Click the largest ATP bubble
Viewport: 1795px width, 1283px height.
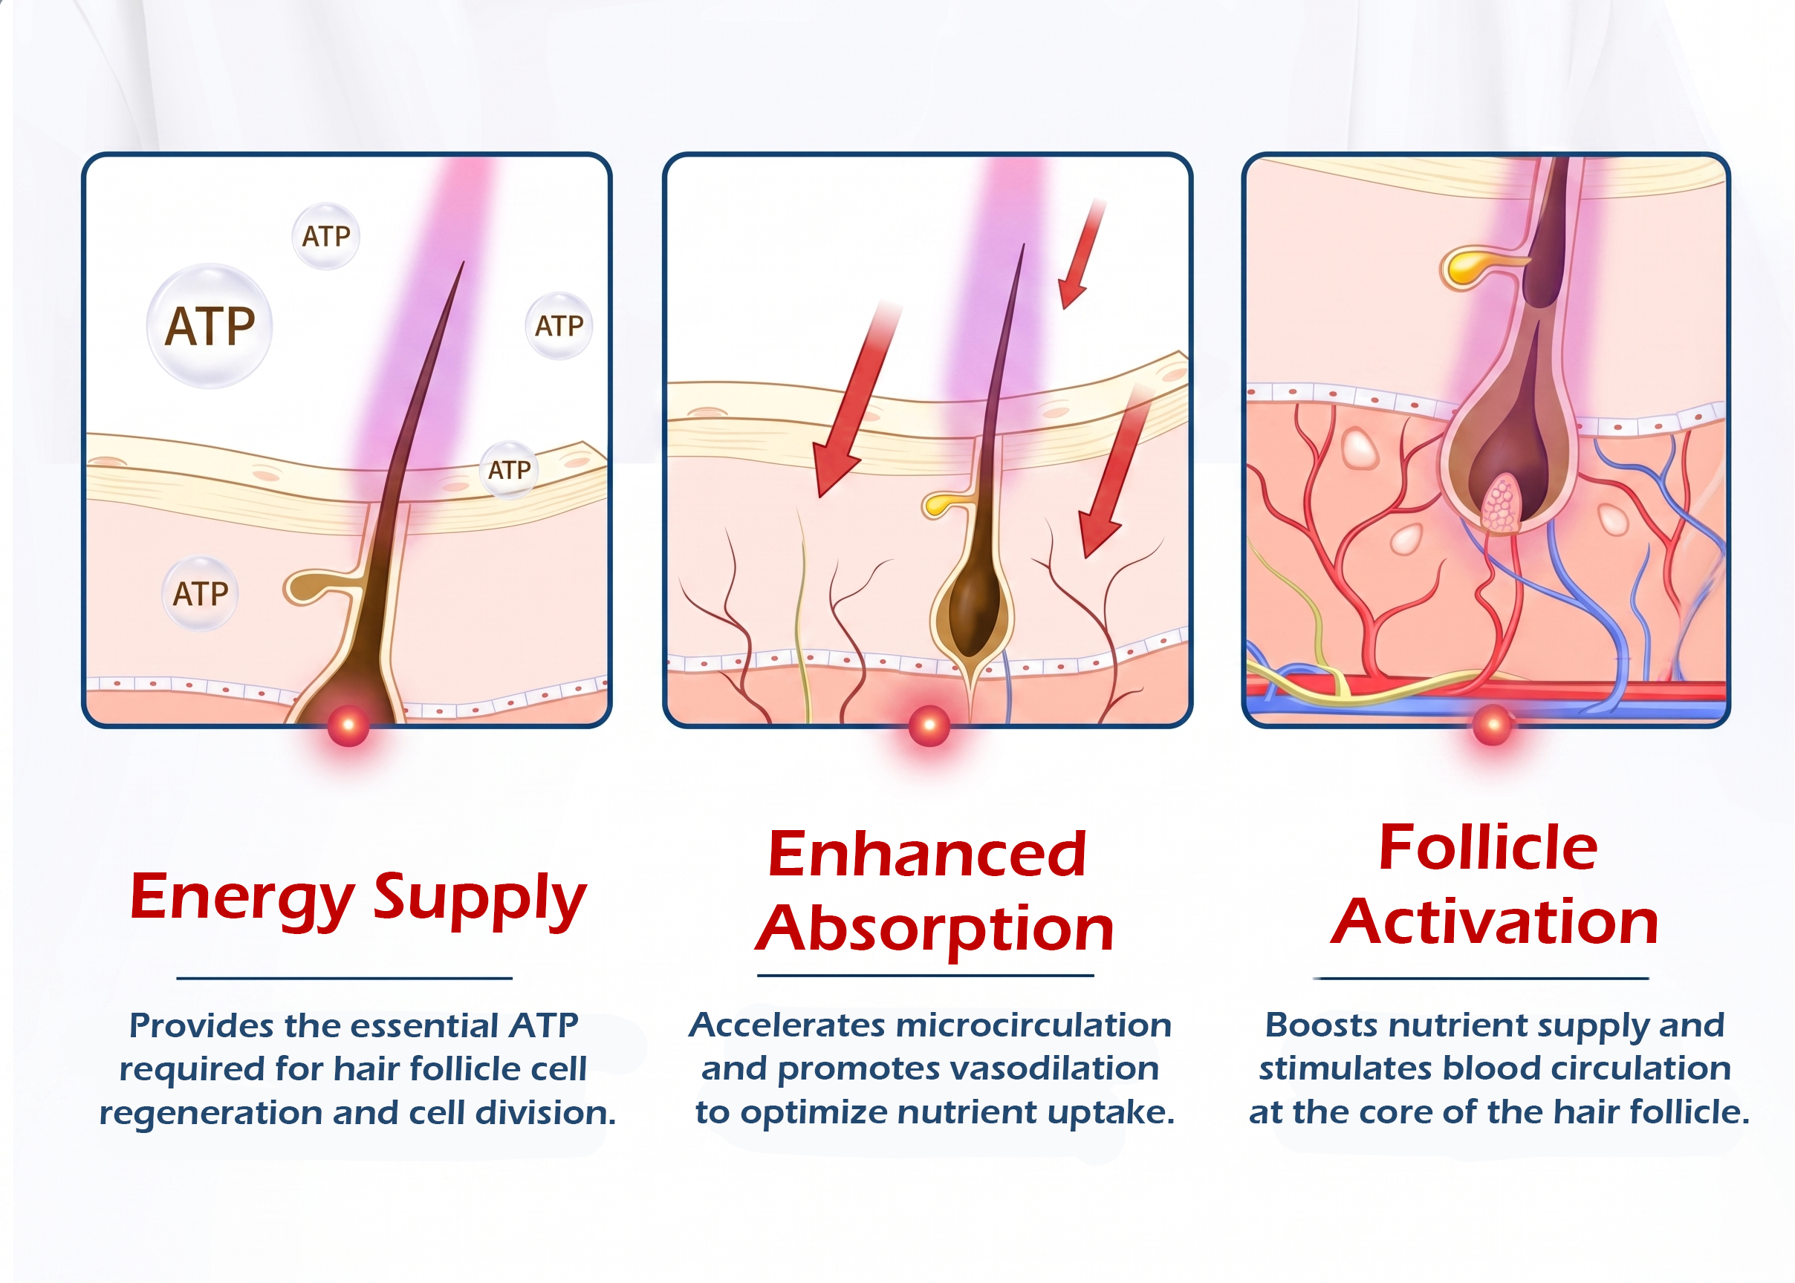(210, 325)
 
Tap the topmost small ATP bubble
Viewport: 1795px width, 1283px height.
(325, 235)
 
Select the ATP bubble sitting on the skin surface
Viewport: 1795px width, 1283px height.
(510, 470)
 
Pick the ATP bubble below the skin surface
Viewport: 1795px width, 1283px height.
(201, 593)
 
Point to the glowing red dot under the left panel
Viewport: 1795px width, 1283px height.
(348, 725)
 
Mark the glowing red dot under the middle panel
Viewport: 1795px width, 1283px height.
(929, 725)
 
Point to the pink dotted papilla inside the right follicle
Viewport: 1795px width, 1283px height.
(1499, 503)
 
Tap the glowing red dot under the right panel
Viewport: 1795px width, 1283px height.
(1493, 725)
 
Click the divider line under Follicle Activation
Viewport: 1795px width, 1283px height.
(1481, 978)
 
